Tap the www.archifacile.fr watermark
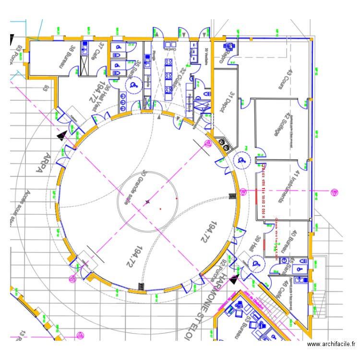click(x=331, y=344)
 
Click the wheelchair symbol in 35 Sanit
click(x=133, y=85)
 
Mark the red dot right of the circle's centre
click(x=177, y=198)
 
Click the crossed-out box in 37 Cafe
click(x=85, y=65)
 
